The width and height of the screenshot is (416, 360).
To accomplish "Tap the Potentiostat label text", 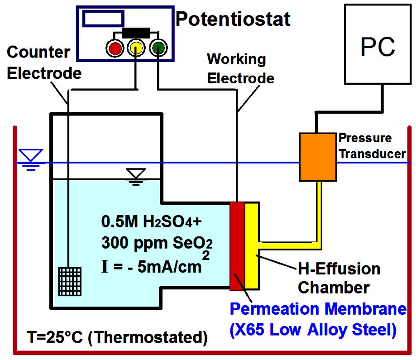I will (x=233, y=19).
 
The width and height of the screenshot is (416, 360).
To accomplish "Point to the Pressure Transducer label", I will (x=372, y=145).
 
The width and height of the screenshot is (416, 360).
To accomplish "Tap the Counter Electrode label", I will (x=44, y=62).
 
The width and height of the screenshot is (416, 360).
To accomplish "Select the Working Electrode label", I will (x=239, y=68).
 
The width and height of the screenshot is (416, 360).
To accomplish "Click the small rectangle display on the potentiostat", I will (x=104, y=18).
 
